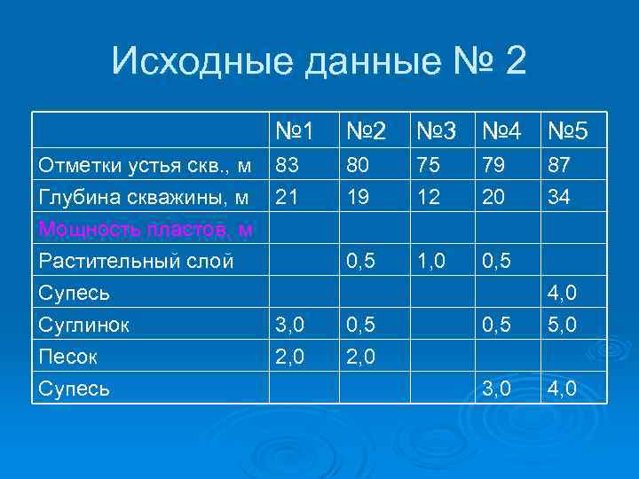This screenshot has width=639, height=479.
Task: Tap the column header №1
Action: [295, 132]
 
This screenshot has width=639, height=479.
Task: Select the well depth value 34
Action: [558, 196]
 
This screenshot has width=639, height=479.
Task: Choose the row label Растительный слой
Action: [136, 261]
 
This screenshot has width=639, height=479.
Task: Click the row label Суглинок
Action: [83, 325]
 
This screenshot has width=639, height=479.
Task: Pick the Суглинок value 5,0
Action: [564, 325]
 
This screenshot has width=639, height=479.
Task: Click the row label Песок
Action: [68, 357]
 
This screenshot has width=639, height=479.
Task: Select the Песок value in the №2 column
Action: [361, 357]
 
